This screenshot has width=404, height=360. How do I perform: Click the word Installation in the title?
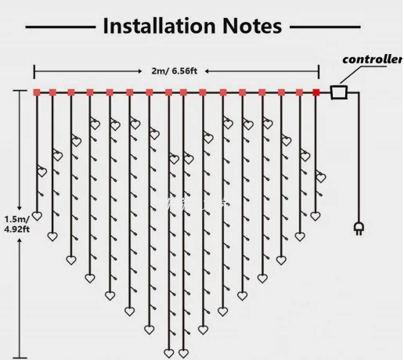(x=159, y=26)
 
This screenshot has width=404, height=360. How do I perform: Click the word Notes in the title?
(x=252, y=26)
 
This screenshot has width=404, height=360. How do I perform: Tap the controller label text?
(x=373, y=59)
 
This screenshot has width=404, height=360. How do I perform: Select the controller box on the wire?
(x=339, y=92)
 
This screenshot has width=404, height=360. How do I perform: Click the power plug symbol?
(x=359, y=229)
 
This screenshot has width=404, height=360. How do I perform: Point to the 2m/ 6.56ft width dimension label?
(x=174, y=71)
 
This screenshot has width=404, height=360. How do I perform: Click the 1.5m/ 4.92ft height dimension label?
(x=17, y=224)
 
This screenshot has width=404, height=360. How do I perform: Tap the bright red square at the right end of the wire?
(x=316, y=92)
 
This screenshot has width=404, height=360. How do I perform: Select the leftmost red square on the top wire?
(x=37, y=92)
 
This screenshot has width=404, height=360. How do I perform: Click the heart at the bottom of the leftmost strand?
(x=37, y=216)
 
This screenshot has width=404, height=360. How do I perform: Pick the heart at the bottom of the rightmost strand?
(x=316, y=216)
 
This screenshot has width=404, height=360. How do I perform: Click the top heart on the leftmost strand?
(x=42, y=172)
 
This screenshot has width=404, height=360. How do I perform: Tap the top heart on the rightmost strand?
(x=321, y=178)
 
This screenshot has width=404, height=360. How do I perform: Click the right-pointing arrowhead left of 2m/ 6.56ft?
(x=140, y=71)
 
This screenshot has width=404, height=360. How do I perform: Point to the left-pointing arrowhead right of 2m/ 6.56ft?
(x=207, y=71)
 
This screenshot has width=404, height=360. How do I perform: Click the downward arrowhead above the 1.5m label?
(x=20, y=208)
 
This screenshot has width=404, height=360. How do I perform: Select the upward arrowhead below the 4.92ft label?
(x=20, y=240)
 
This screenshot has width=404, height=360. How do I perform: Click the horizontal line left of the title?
(x=60, y=27)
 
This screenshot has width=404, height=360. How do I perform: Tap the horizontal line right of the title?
(x=325, y=27)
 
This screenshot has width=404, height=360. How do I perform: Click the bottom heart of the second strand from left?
(x=52, y=236)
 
